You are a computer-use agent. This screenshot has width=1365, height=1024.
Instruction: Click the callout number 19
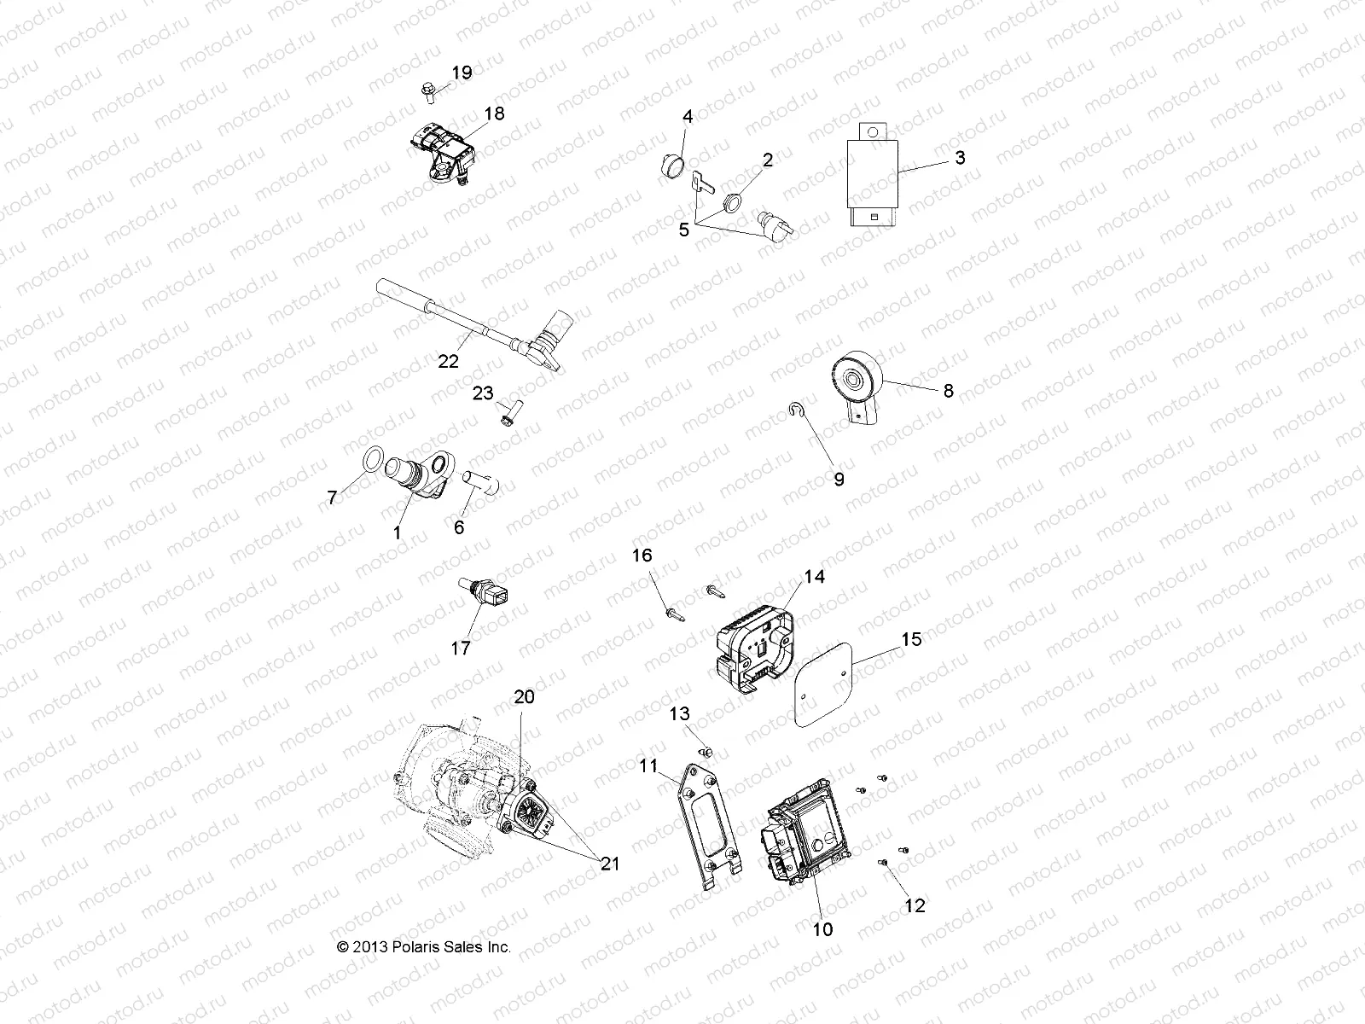pos(462,73)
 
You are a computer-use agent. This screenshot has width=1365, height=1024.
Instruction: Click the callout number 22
pos(449,361)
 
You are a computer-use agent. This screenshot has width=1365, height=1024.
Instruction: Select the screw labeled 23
pos(506,417)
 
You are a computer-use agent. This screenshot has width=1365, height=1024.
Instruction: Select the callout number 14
pos(814,577)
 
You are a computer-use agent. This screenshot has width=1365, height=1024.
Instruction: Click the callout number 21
pos(609,864)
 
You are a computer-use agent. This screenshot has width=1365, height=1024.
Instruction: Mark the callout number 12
pos(914,905)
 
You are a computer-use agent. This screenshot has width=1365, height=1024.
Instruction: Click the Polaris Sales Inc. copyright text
pos(424,947)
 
